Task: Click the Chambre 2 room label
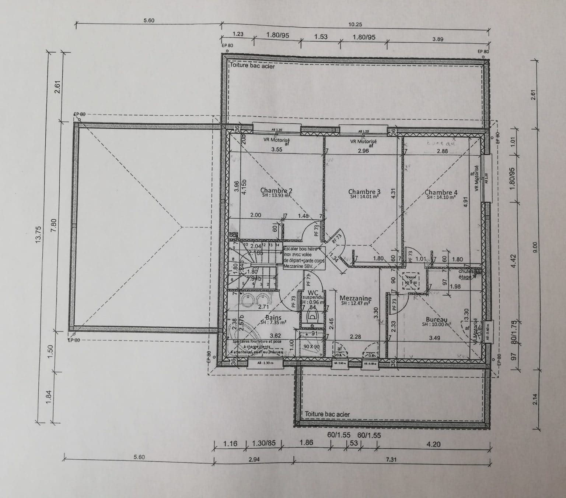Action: coord(276,191)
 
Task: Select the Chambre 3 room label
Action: coord(364,192)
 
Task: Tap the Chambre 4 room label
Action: coord(441,193)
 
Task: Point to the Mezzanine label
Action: coord(355,298)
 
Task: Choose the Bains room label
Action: coord(273,318)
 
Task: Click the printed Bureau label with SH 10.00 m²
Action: coord(436,320)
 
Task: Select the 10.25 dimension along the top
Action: coord(355,25)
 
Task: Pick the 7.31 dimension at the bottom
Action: coord(391,460)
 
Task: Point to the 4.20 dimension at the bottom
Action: coord(433,444)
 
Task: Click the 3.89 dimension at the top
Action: coord(437,39)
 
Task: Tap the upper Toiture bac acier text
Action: coord(252,66)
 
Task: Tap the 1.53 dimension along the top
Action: coord(320,37)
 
